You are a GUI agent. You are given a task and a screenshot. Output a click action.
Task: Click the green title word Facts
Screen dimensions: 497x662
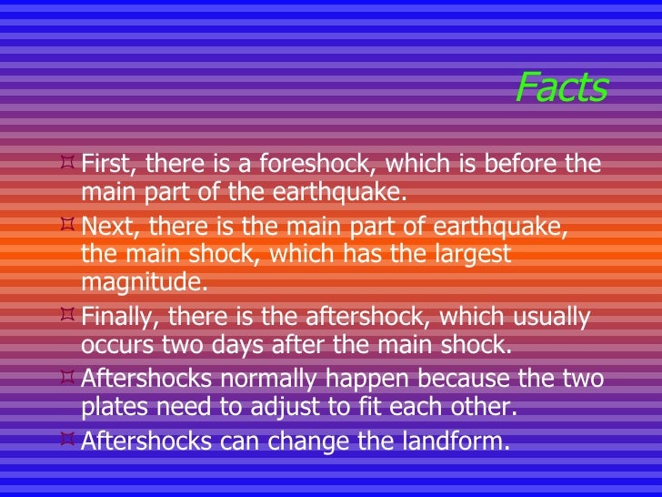tap(560, 87)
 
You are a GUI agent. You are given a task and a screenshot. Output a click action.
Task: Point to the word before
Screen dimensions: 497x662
tap(517, 166)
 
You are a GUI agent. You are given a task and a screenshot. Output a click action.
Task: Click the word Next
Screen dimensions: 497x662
tap(105, 228)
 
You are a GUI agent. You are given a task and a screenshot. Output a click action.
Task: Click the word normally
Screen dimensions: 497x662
tap(272, 379)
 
